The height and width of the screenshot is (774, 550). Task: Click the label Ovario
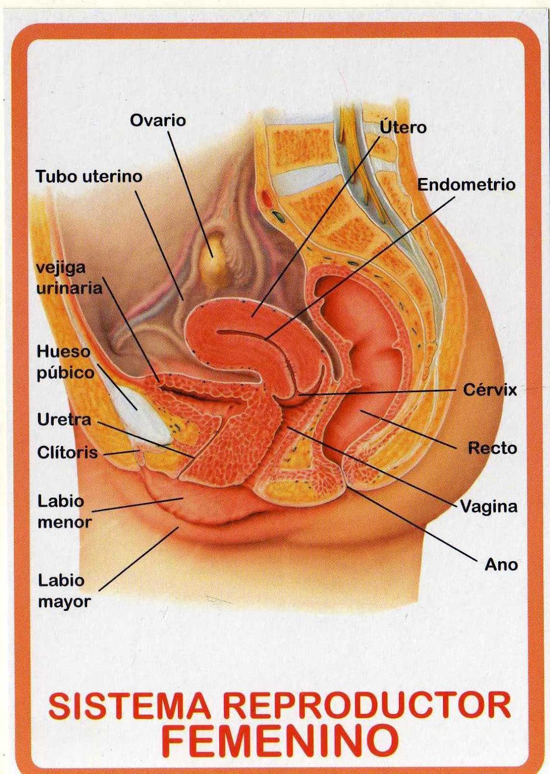158,120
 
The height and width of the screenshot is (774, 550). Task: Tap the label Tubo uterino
89,177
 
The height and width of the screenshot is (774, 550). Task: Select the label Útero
403,127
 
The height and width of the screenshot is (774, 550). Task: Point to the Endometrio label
466,184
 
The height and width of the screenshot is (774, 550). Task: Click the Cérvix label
490,389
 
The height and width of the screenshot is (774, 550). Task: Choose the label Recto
492,448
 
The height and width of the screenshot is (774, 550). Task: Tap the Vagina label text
489,506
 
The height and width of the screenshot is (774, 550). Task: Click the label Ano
501,565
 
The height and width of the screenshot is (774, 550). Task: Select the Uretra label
64,419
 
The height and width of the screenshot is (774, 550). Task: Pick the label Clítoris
67,453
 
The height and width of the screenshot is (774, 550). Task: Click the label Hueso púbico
65,362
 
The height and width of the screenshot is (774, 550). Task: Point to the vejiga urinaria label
69,278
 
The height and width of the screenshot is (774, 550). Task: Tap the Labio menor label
64,511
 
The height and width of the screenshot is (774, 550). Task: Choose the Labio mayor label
64,591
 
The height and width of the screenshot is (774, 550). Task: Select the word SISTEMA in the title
129,706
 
